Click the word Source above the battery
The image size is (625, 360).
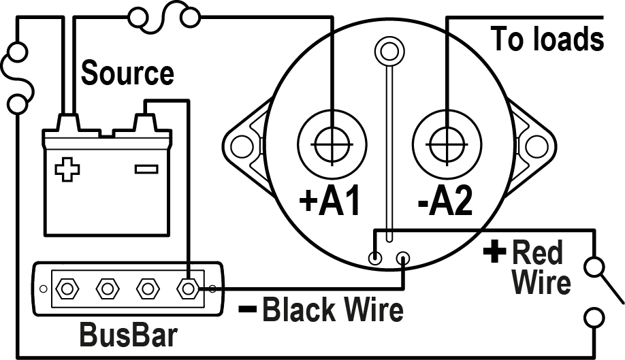(x=127, y=73)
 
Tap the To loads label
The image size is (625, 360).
(x=547, y=39)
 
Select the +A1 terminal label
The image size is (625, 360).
(x=330, y=201)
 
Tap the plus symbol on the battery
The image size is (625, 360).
(x=67, y=169)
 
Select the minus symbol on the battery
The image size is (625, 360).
(x=146, y=168)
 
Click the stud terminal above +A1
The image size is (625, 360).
(x=332, y=144)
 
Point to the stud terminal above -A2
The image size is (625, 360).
(x=446, y=144)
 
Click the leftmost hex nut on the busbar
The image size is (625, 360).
(x=67, y=289)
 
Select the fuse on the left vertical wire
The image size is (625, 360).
(x=16, y=76)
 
